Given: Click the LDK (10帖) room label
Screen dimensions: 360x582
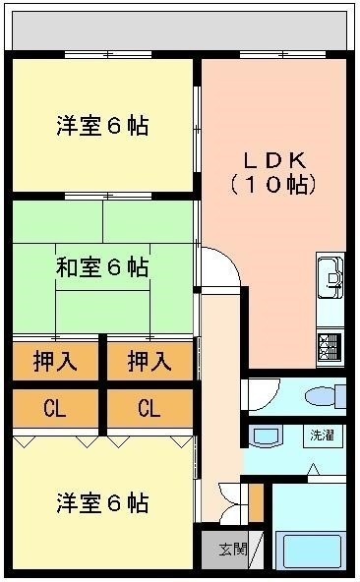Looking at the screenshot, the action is coord(273,173).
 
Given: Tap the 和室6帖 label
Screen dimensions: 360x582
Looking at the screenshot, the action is coord(102,266).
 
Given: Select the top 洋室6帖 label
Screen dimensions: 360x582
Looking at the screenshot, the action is coord(102,126).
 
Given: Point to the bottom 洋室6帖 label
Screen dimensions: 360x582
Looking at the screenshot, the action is coord(102,502).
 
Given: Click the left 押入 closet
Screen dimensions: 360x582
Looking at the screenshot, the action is coord(56,361).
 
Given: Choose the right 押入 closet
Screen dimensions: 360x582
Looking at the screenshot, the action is coord(150,361).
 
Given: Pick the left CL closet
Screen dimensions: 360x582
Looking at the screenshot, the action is coord(56,408).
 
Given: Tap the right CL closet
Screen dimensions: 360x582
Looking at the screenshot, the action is coord(150,408).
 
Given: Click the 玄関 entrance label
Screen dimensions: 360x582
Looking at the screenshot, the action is coord(232,549).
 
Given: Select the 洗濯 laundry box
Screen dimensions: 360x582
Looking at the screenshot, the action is coord(322,436).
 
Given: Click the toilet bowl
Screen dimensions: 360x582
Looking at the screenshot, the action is coord(320,396).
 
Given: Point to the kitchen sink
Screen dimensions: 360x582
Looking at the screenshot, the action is coord(330,275).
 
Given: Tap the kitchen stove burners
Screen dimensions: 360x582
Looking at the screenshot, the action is coord(330,348).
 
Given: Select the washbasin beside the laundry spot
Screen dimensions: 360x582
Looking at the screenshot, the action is coord(266,436).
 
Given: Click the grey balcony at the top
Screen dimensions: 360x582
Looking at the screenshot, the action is coord(180,30).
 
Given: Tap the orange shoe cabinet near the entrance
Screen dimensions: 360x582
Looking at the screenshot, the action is coord(256,502).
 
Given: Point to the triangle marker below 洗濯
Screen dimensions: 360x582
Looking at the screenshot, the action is coord(314,469).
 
